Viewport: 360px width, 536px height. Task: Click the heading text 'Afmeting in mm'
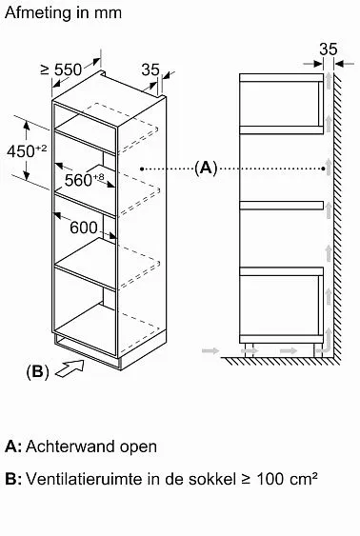click(x=63, y=13)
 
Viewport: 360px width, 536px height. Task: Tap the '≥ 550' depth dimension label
click(x=62, y=69)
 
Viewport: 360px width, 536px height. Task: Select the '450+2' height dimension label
click(x=27, y=150)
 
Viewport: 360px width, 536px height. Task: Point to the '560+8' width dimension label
click(x=84, y=180)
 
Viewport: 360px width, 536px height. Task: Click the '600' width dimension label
click(x=84, y=228)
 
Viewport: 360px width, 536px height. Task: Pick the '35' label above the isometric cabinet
click(x=150, y=69)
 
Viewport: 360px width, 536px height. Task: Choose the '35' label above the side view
click(x=329, y=50)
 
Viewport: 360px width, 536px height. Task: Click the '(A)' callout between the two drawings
click(x=206, y=169)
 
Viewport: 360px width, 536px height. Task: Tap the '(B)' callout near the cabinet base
click(x=37, y=371)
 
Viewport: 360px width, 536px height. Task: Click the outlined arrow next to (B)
click(x=70, y=368)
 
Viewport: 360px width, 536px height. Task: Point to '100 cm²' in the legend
click(x=287, y=479)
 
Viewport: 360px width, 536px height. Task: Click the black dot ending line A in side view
click(x=324, y=169)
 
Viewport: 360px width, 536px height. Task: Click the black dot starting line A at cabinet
click(x=142, y=169)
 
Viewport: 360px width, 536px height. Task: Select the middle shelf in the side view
click(x=281, y=205)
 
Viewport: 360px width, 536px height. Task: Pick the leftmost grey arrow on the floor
click(x=210, y=350)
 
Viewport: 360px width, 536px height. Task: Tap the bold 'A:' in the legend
click(x=13, y=447)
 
